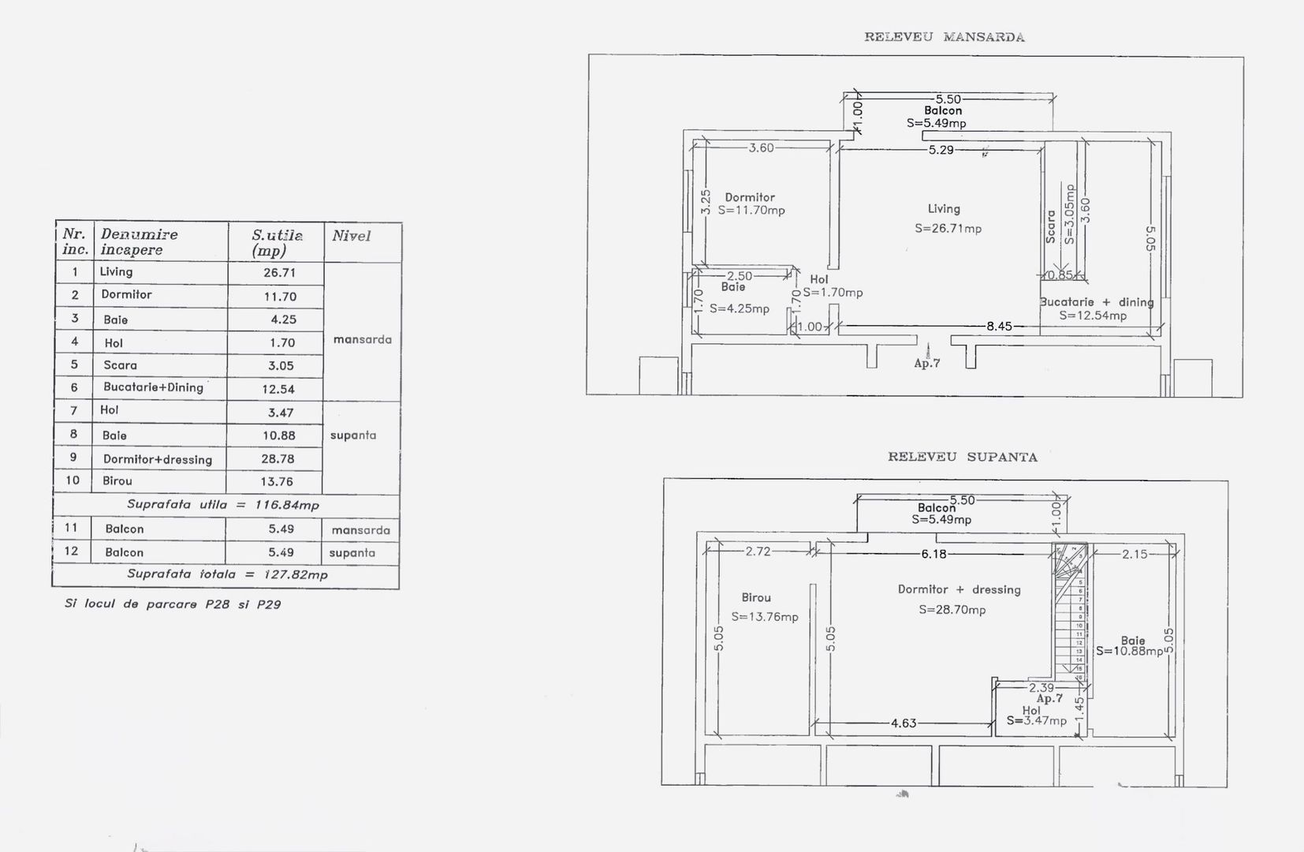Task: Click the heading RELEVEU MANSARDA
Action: (944, 37)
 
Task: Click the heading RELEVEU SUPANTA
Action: (962, 457)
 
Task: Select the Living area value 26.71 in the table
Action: (279, 272)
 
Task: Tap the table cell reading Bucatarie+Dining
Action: (153, 387)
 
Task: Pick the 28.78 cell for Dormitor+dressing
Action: (278, 458)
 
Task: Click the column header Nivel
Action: (351, 236)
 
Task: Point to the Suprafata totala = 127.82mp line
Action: (227, 574)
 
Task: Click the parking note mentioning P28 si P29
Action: (173, 604)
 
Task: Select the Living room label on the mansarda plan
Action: (944, 209)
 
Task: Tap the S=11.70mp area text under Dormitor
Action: (751, 211)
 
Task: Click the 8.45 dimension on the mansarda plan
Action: (998, 326)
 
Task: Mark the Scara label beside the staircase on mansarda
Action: (1050, 226)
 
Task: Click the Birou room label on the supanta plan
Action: (756, 598)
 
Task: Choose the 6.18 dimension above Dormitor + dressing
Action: (933, 554)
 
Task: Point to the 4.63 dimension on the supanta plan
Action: (903, 723)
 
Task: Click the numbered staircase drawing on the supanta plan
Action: (1072, 611)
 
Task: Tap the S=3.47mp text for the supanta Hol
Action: (1036, 720)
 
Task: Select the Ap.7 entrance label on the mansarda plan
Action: (927, 364)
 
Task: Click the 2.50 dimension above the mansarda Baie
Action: (740, 276)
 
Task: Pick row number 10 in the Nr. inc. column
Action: (73, 480)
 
